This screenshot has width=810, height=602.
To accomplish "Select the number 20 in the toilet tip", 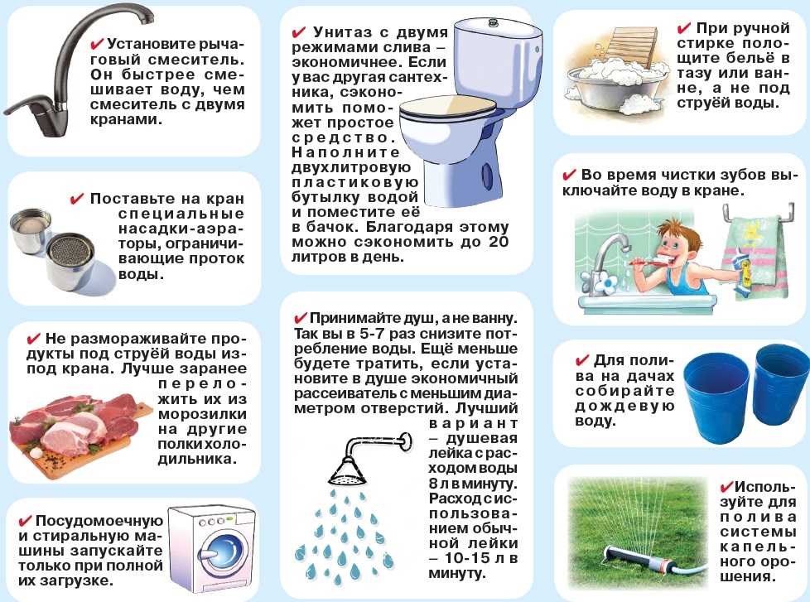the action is (x=498, y=242).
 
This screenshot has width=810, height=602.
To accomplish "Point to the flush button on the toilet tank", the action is (x=491, y=22).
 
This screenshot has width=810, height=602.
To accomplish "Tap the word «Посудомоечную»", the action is (x=99, y=521).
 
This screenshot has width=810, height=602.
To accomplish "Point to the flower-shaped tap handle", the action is (x=608, y=283).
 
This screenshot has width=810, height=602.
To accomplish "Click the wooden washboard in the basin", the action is (x=634, y=46).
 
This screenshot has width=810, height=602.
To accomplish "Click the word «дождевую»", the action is (x=624, y=407).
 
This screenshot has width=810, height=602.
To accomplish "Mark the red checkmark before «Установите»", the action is (x=97, y=44).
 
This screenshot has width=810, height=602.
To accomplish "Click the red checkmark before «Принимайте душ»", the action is (x=300, y=317).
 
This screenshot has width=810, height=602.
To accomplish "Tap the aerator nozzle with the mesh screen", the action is (x=70, y=253).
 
